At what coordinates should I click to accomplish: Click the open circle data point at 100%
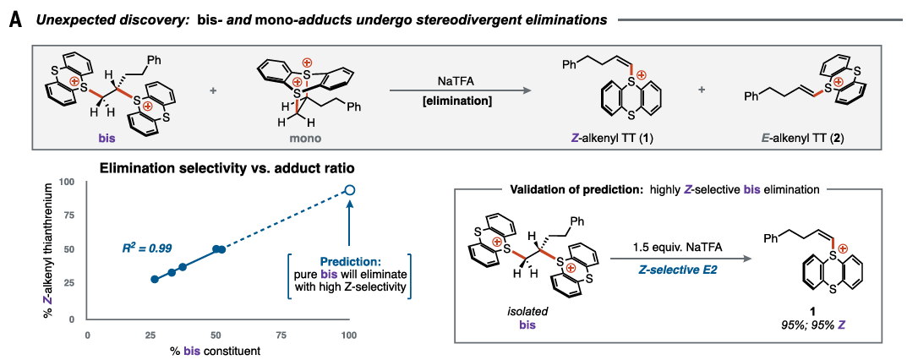pos(350,190)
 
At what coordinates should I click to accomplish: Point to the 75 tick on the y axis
pos(68,215)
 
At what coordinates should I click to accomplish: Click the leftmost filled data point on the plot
pos(154,279)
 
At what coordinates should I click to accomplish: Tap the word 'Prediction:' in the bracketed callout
pos(348,262)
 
